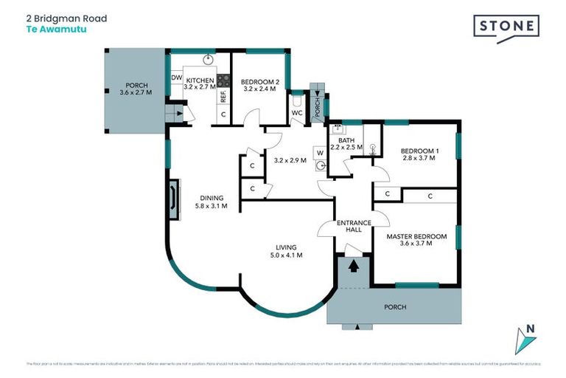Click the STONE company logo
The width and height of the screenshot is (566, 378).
(506, 27)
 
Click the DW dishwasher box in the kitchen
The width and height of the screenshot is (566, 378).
(177, 78)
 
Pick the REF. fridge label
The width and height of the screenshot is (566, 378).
(222, 97)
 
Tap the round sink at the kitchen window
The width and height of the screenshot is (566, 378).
(208, 59)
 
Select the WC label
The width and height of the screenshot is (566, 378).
(298, 114)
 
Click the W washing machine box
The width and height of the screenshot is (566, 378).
(320, 154)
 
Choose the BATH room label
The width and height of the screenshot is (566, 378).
(346, 140)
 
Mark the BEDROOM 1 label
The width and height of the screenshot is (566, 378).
(420, 151)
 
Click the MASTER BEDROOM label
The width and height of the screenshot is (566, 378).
(416, 236)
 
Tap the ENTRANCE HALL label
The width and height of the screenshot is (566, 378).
(353, 226)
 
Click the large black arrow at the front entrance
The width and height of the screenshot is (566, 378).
(354, 265)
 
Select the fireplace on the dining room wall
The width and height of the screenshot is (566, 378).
(173, 200)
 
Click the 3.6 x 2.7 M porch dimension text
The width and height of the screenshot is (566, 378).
(135, 93)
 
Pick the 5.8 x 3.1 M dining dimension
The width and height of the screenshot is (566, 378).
(211, 206)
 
